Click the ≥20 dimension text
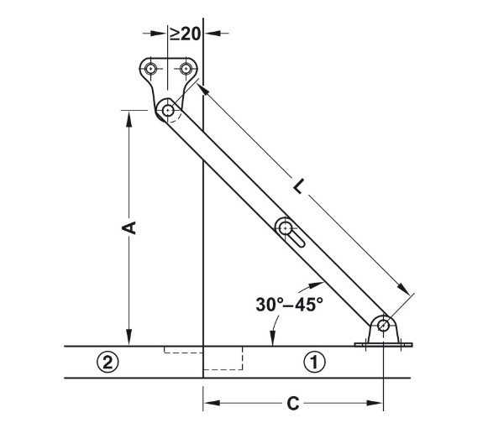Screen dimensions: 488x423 (x=185, y=34)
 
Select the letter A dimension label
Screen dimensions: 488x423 (x=129, y=227)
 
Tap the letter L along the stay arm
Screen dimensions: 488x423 (x=298, y=186)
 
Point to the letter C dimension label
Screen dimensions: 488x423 (x=293, y=404)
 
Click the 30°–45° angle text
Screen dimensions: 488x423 (x=290, y=305)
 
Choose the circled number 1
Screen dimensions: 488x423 (x=315, y=363)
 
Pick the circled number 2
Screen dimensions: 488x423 (x=108, y=363)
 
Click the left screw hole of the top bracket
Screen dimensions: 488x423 (x=151, y=69)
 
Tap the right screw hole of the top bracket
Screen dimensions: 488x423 (x=186, y=69)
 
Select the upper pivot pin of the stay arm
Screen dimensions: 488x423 (x=168, y=110)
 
